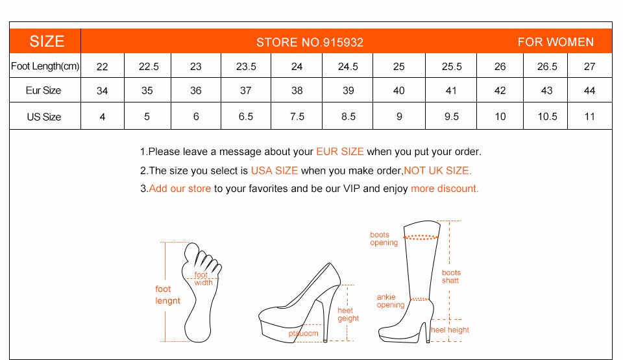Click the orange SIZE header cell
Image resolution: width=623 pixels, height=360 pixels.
coord(47,42)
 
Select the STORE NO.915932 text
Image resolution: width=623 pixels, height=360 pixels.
coord(310,43)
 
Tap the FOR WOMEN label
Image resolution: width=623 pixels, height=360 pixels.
coord(556,42)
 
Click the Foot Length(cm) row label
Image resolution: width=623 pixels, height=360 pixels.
coord(45,66)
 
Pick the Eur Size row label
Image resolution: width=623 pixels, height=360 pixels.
coord(43,91)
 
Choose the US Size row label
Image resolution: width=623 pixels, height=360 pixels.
coord(43,117)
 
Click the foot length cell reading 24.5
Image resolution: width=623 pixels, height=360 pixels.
coord(348,66)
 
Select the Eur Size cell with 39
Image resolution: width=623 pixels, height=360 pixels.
coord(348,91)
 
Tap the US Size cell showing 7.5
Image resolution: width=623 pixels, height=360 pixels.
coord(297,117)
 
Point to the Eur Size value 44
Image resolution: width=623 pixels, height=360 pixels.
coord(589,91)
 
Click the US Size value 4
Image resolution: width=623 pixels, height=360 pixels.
coord(102,117)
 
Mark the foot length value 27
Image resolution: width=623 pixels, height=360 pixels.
coord(589,66)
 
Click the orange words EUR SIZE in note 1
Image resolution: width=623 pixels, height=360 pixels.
coord(340,152)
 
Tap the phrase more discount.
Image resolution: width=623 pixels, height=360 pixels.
coord(445,189)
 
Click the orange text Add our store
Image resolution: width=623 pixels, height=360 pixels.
coord(180,189)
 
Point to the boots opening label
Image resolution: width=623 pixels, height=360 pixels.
coord(384,239)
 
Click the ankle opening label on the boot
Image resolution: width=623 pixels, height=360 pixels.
coord(391,301)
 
